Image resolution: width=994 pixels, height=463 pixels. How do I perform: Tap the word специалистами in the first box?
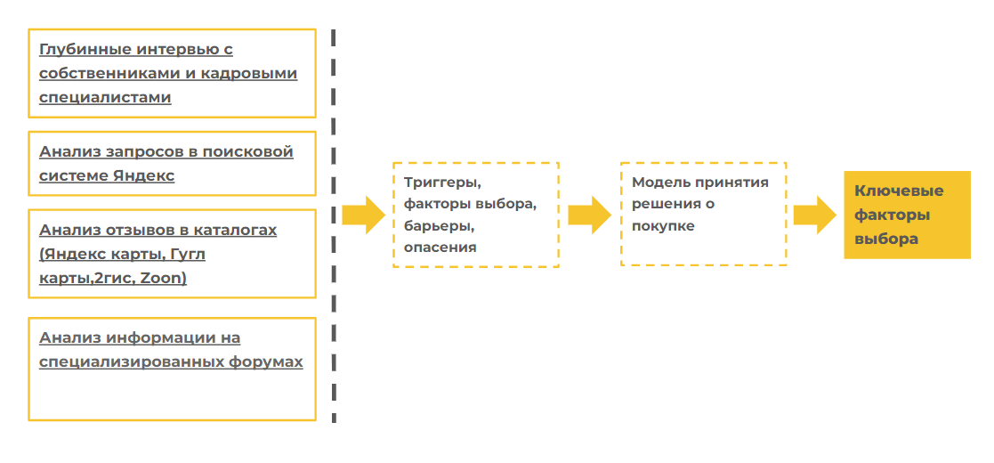[105, 97]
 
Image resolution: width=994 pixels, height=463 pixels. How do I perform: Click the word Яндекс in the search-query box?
[144, 175]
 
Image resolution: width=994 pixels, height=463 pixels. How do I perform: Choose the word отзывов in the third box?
[141, 230]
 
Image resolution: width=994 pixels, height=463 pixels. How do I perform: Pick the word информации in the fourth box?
[174, 338]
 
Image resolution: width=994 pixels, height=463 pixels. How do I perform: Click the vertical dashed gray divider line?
[334, 223]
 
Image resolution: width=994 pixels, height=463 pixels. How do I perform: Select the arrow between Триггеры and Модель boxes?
[588, 215]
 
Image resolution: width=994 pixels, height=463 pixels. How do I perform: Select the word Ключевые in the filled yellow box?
[899, 191]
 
